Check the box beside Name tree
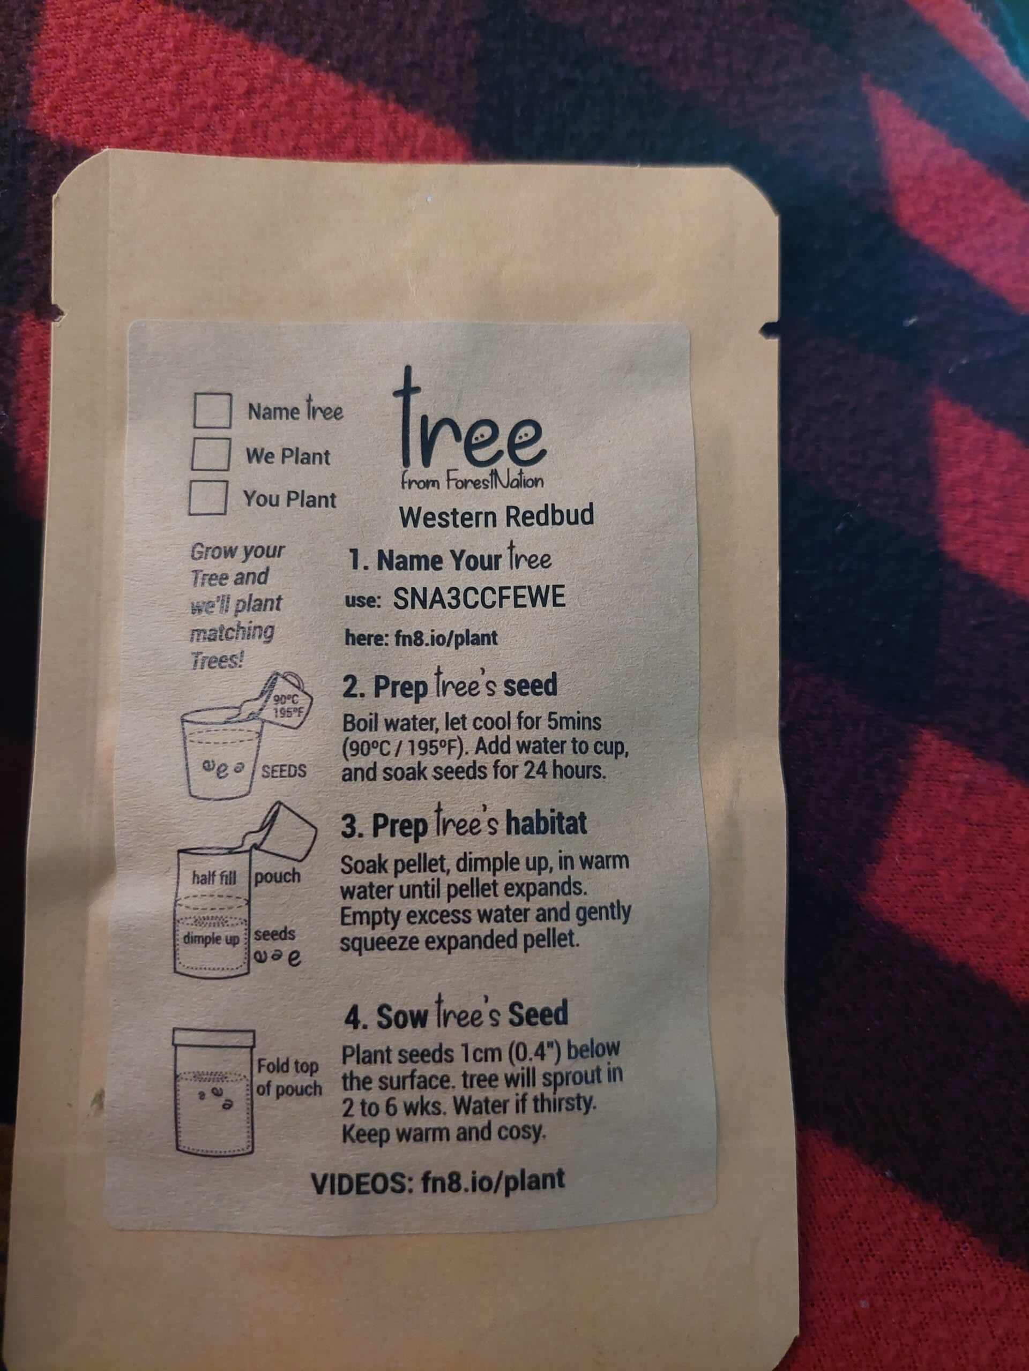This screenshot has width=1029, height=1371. pyautogui.click(x=212, y=410)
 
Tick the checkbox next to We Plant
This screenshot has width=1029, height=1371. pyautogui.click(x=211, y=454)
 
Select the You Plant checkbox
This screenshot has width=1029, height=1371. pyautogui.click(x=208, y=497)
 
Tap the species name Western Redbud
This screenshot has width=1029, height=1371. pyautogui.click(x=497, y=516)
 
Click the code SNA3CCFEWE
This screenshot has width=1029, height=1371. pyautogui.click(x=479, y=597)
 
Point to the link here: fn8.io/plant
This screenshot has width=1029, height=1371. pyautogui.click(x=422, y=638)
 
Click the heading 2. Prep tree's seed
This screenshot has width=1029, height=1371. pyautogui.click(x=450, y=687)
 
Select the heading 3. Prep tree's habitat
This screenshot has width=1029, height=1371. pyautogui.click(x=464, y=825)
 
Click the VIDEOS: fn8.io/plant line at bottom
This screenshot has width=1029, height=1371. pyautogui.click(x=438, y=1183)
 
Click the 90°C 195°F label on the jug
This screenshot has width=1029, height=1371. pyautogui.click(x=285, y=705)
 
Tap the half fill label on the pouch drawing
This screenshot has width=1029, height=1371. pyautogui.click(x=214, y=877)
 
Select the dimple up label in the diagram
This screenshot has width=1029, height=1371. pyautogui.click(x=211, y=938)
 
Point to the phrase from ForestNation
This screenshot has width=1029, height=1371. pyautogui.click(x=472, y=481)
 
